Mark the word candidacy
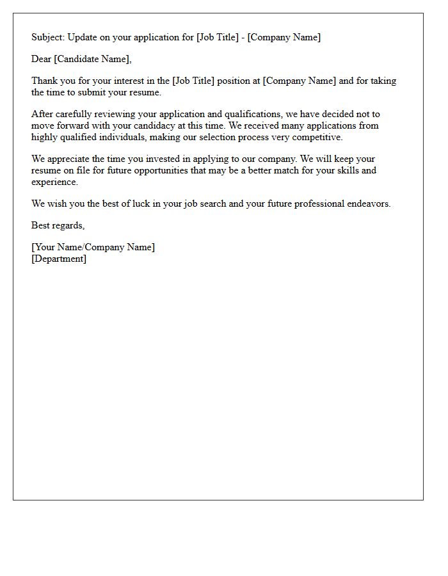[166, 125]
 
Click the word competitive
[319, 137]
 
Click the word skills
[349, 171]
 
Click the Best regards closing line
[58, 225]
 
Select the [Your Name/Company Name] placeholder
[93, 247]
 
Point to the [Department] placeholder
[59, 259]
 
